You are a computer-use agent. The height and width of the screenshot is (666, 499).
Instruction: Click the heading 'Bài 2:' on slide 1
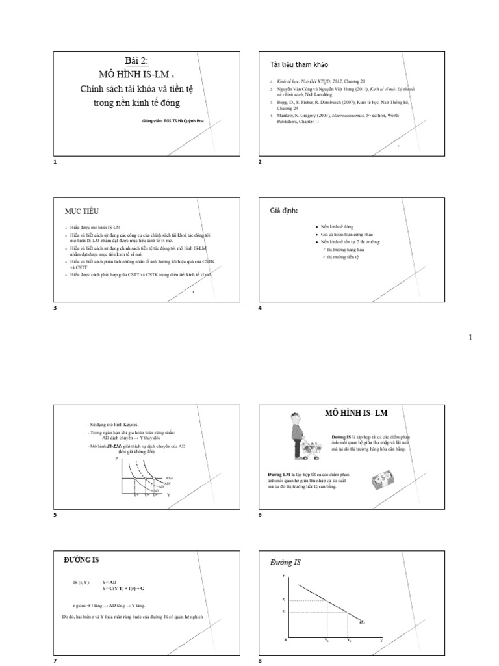(136, 60)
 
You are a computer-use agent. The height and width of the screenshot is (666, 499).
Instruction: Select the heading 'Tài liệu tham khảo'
(299, 65)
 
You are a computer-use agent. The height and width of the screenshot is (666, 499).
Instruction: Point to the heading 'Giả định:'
(284, 211)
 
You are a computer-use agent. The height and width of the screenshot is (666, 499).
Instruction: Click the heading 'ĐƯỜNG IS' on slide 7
(81, 559)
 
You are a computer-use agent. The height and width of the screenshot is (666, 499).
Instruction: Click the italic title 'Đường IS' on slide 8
(287, 562)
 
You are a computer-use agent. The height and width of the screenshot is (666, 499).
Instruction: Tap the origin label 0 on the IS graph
(285, 641)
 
